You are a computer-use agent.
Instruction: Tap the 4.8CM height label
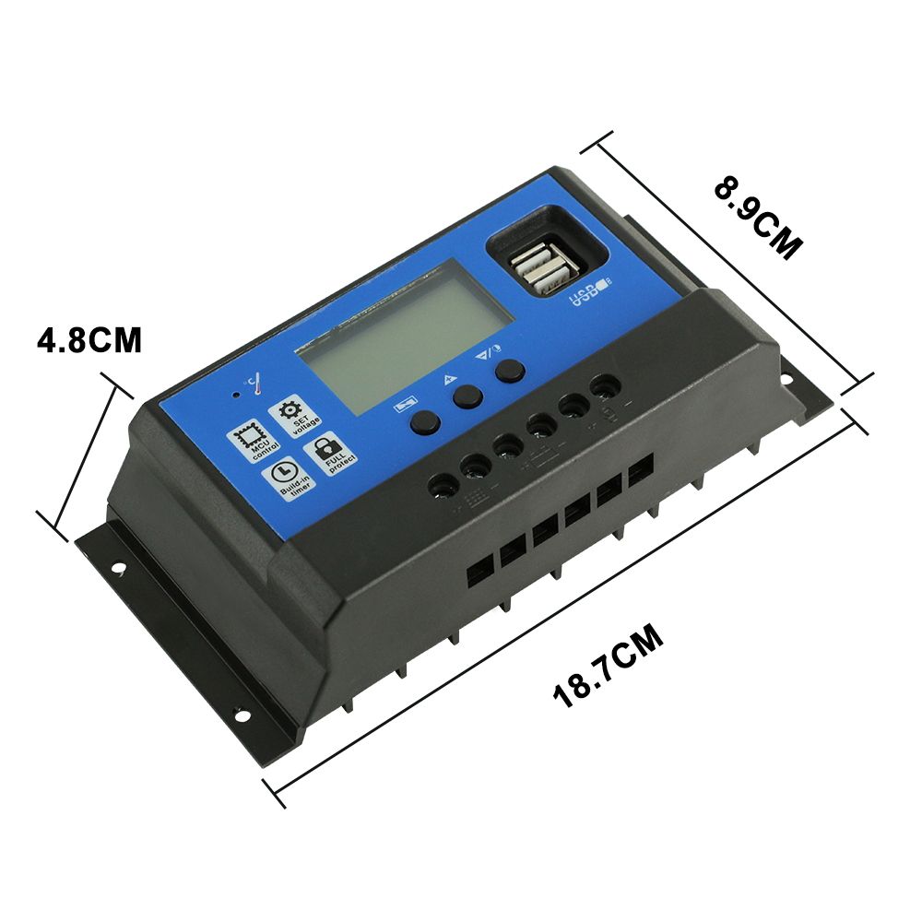(x=89, y=340)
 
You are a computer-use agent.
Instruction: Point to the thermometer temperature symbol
(x=251, y=381)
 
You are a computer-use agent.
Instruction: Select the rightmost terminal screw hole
(x=604, y=385)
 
